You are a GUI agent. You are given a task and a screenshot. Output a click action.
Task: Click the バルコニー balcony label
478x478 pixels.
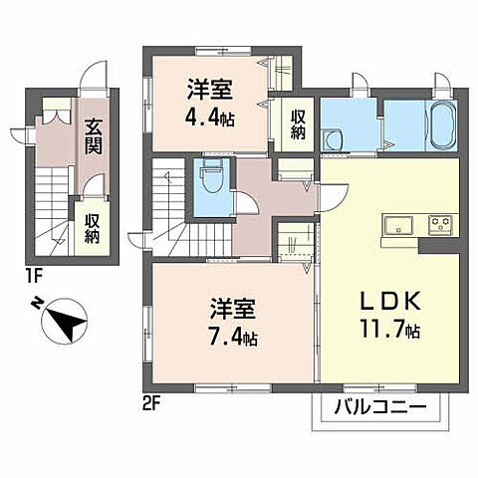tap(378, 407)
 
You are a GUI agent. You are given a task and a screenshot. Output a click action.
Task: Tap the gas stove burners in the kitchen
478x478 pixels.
tap(438, 221)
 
